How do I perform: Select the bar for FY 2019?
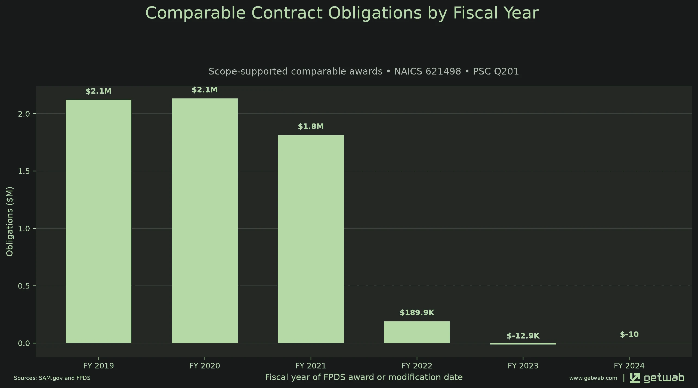point(98,221)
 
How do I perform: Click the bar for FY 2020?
point(205,221)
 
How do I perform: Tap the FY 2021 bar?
point(311,239)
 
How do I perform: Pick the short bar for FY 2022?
point(417,332)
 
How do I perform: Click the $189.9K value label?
point(417,313)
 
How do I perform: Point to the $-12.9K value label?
point(523,336)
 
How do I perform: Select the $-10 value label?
point(629,334)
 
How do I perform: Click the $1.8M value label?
point(311,126)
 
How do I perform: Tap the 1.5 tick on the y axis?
point(24,171)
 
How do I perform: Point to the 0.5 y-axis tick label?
point(24,286)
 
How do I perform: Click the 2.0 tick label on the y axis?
point(24,114)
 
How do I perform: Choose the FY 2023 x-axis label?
point(523,366)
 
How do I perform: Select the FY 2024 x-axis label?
point(629,366)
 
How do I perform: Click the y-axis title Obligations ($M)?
point(10,221)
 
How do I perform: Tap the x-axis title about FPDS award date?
point(364,377)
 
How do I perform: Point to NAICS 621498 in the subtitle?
point(428,71)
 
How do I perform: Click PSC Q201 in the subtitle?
point(496,71)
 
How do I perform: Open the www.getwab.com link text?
point(593,378)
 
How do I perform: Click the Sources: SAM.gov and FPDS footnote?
point(52,378)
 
